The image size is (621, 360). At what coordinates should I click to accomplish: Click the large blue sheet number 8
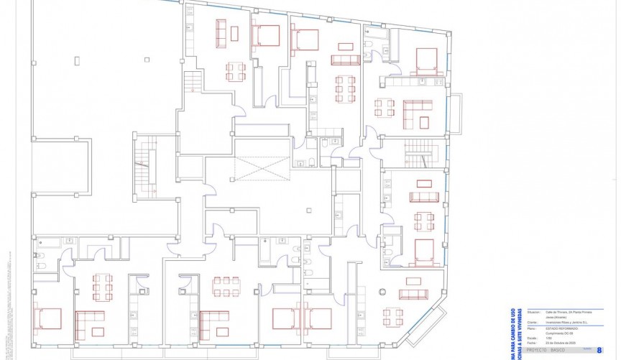(599, 350)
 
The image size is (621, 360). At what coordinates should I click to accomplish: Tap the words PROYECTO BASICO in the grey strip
(547, 350)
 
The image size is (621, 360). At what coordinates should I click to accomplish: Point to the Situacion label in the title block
(534, 313)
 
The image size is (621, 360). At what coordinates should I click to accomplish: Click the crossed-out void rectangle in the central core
(259, 170)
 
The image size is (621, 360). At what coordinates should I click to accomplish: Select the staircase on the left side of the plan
(147, 167)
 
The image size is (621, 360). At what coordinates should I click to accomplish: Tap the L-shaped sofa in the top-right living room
(417, 114)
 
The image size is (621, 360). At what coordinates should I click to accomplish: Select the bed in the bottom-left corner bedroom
(48, 317)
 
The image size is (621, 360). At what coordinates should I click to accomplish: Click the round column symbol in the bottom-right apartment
(383, 292)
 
